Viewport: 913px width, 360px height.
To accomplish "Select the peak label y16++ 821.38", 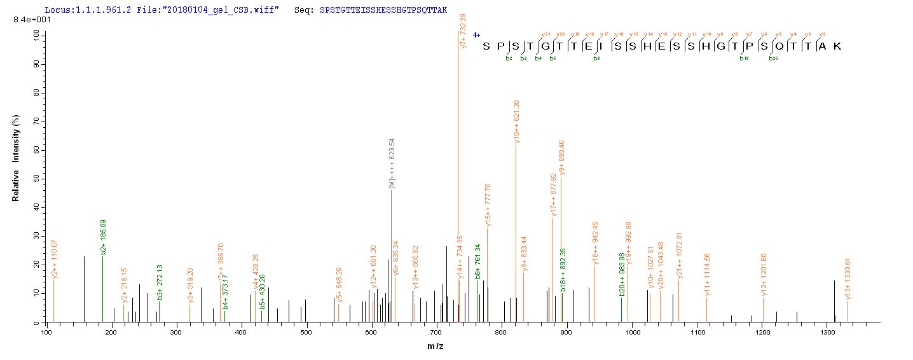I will coord(517,121).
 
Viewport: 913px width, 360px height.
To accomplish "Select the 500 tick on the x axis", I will coord(306,332).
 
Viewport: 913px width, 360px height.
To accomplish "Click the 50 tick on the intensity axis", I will coord(36,179).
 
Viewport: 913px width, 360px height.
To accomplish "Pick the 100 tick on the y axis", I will coord(34,36).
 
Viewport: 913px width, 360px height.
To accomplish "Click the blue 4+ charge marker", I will coord(476,36).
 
